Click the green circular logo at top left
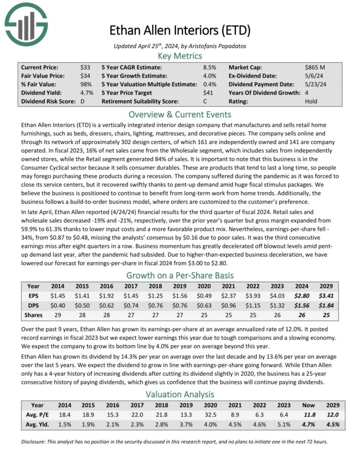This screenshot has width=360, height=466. click(26, 23)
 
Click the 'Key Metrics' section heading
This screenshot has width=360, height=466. click(180, 56)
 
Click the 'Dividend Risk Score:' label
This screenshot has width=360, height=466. click(46, 101)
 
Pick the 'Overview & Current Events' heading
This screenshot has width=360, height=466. click(180, 114)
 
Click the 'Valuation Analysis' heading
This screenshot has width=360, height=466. click(180, 394)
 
